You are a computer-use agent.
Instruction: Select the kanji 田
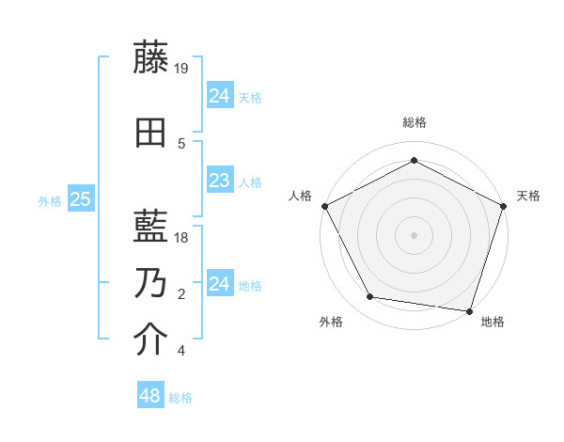tap(151, 134)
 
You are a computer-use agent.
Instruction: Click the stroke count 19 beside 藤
tap(182, 68)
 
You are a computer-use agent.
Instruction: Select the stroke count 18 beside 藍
tap(182, 238)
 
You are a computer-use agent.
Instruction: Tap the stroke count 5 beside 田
tap(181, 144)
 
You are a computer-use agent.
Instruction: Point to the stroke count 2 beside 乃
tap(181, 294)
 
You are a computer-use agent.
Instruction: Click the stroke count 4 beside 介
tap(181, 352)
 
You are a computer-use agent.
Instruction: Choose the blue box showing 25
tap(81, 199)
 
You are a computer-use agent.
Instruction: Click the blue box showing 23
tap(220, 181)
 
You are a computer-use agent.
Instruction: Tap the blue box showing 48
tap(150, 396)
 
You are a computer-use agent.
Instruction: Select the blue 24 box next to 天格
tap(220, 95)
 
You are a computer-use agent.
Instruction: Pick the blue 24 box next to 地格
tap(220, 284)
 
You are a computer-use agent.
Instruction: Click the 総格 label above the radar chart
tap(414, 122)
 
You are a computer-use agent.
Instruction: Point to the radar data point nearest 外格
tap(370, 297)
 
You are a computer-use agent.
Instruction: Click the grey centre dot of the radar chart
tap(414, 234)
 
